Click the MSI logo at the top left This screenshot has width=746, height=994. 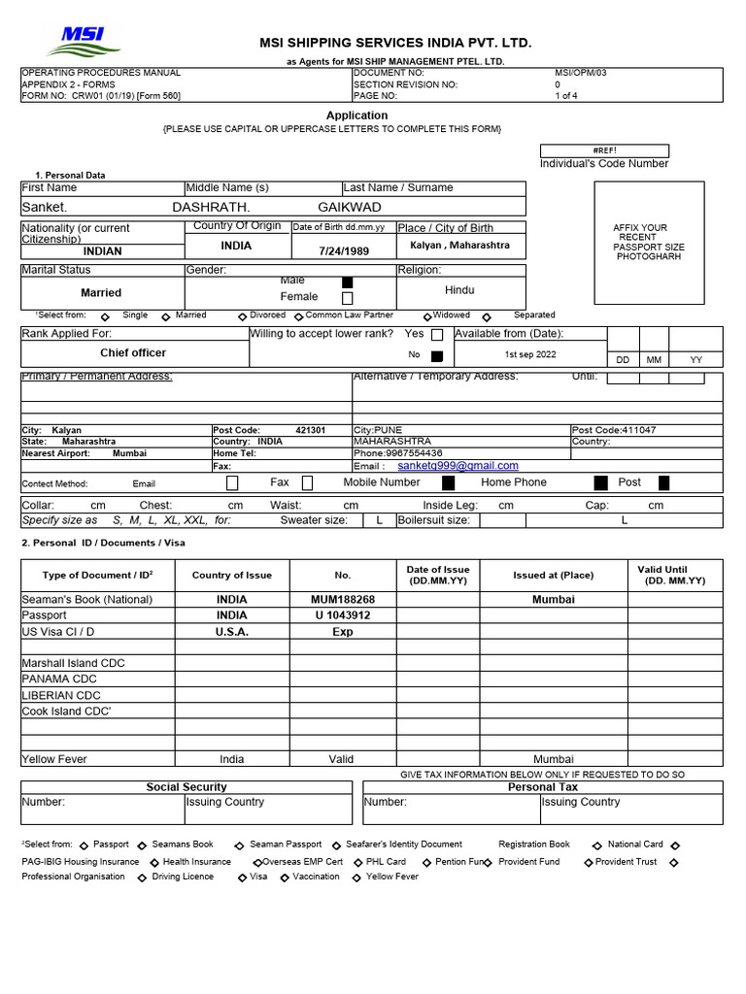coord(85,41)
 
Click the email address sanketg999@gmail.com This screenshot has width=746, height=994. coord(458,466)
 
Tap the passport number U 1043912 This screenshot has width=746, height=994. coord(342,615)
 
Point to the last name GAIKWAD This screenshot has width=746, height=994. coord(350,207)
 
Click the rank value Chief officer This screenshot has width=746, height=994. coord(133,353)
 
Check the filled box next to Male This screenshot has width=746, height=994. coord(348,282)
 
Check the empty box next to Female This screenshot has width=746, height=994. coord(348,299)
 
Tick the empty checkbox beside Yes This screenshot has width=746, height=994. coord(437,335)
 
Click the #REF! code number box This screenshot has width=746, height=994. coord(604,150)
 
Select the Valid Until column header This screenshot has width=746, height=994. coord(675,575)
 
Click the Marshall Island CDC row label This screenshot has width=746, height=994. coord(73,663)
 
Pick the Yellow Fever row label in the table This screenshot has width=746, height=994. coord(54,759)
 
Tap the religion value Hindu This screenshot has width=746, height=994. coord(459,290)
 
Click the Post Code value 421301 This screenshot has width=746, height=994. coord(311,430)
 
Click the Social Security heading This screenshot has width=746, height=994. coord(186,787)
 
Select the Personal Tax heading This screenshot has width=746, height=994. coord(543,787)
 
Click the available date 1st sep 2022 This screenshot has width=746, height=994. coord(530,355)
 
